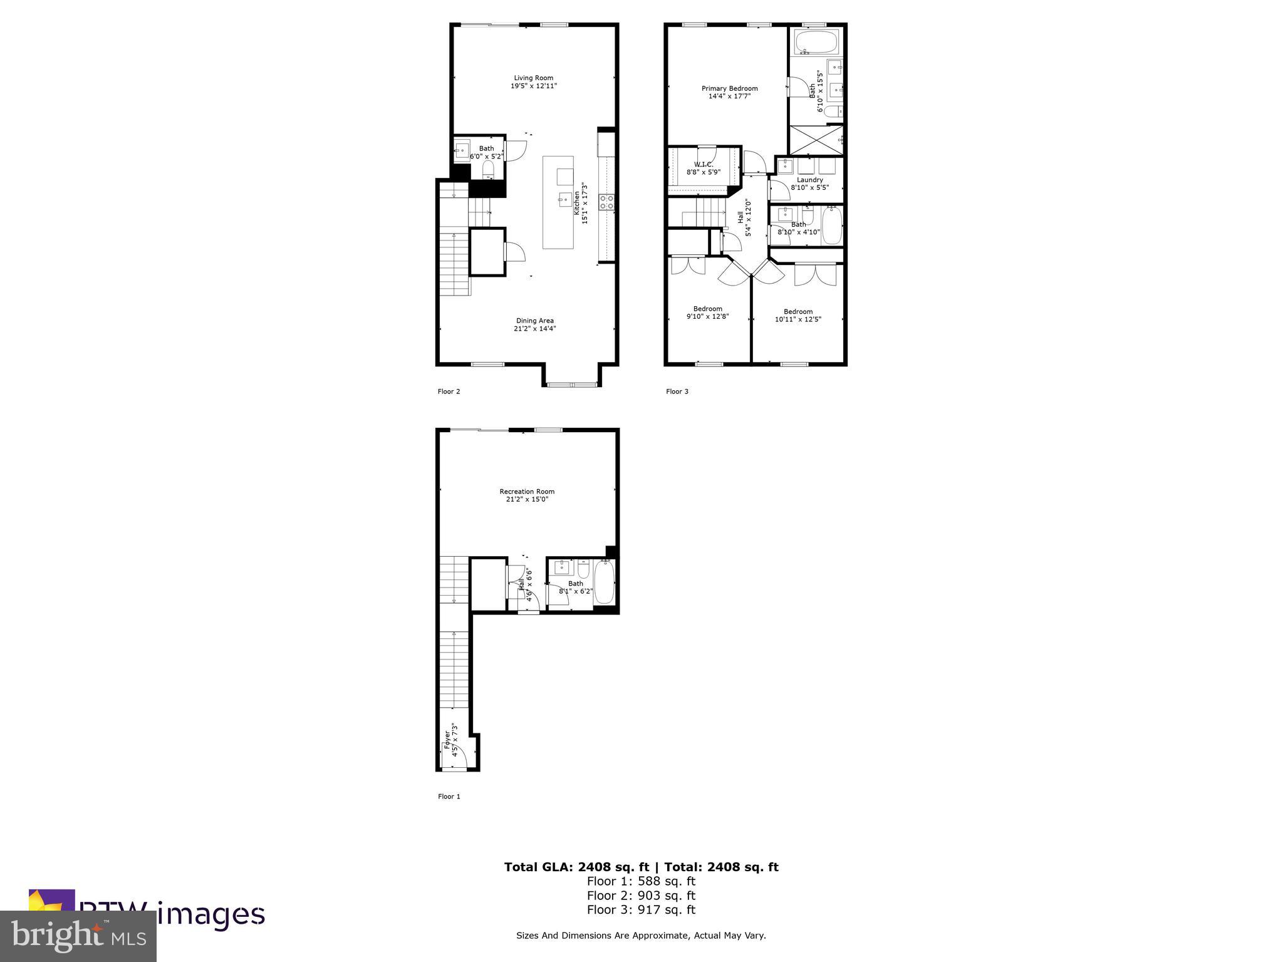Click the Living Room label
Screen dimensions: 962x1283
point(533,78)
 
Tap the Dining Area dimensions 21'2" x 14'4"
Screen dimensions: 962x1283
point(534,329)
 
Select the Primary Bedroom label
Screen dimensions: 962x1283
point(729,88)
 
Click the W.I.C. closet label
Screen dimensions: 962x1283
point(703,164)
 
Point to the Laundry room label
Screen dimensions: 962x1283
point(809,180)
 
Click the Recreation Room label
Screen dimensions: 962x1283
point(527,492)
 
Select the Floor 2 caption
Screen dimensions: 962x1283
point(449,391)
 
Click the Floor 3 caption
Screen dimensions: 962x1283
point(677,391)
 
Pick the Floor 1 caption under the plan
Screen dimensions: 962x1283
point(449,797)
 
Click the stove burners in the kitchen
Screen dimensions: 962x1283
point(606,201)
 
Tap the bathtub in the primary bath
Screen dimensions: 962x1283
point(816,43)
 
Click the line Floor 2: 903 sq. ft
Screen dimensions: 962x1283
point(641,896)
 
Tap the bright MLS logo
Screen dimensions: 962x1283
point(78,936)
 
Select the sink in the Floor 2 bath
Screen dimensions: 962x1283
point(462,149)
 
